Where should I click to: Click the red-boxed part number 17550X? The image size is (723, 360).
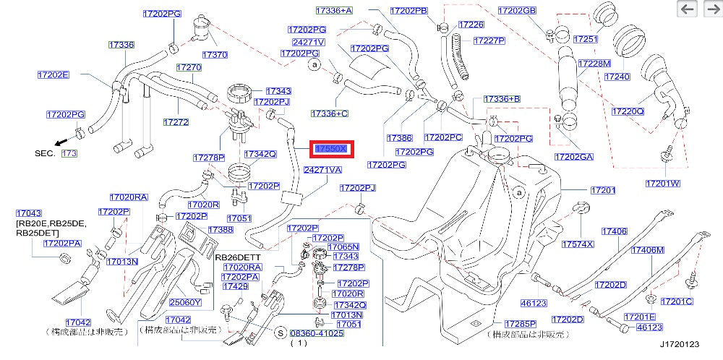(331, 148)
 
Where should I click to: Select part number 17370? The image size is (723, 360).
(215, 54)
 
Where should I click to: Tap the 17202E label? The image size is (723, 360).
(54, 74)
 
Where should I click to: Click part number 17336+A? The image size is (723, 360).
(334, 11)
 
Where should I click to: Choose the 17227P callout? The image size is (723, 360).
(491, 40)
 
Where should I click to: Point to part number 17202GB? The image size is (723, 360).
(517, 11)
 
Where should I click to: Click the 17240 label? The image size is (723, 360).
(617, 76)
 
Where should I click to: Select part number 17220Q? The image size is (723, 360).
(627, 111)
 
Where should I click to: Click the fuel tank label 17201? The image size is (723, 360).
(602, 190)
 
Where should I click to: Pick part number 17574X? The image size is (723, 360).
(578, 244)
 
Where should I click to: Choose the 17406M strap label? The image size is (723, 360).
(647, 250)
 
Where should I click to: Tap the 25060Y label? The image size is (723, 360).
(184, 302)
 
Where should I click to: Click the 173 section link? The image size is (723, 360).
(69, 154)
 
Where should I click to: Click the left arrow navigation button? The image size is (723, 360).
(687, 9)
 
